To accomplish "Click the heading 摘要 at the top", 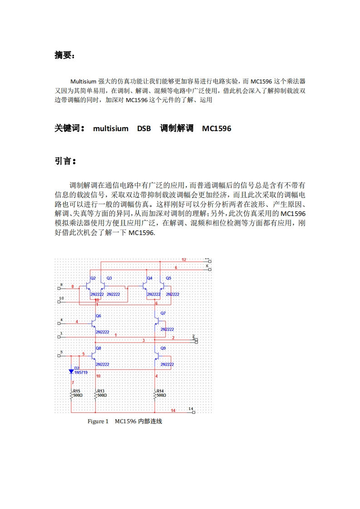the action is (64, 55).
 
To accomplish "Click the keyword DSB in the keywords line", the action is (144, 129).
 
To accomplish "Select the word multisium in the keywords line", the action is (111, 129).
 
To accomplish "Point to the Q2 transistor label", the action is (93, 278).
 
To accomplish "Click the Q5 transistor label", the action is (168, 278).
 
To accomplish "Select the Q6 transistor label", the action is (99, 315).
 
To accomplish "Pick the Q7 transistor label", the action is (163, 313).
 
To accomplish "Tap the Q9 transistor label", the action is (163, 348).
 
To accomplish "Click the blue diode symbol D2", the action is (71, 372).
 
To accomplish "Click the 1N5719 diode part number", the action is (81, 372).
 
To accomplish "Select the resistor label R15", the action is (77, 391).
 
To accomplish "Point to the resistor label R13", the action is (101, 391).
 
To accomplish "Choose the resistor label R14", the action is (160, 391).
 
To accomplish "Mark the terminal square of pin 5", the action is (59, 356).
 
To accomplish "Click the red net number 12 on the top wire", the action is (184, 259).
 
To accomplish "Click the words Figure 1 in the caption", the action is (98, 421).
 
